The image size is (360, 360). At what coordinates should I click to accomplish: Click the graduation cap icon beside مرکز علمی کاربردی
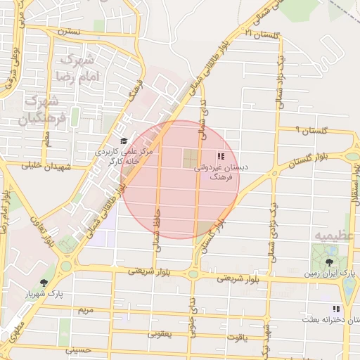tap(124, 141)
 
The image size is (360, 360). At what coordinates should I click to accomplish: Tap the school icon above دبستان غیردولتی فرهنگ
tap(221, 157)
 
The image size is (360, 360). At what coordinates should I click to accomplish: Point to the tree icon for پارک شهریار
tap(44, 283)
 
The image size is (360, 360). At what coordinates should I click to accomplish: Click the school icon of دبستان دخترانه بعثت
tap(336, 309)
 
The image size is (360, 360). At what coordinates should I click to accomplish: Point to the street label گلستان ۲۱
tap(260, 32)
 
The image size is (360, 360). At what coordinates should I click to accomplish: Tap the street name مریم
tap(85, 310)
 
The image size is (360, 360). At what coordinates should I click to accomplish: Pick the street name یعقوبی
tap(161, 335)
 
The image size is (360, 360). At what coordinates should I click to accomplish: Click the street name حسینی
tap(77, 349)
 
